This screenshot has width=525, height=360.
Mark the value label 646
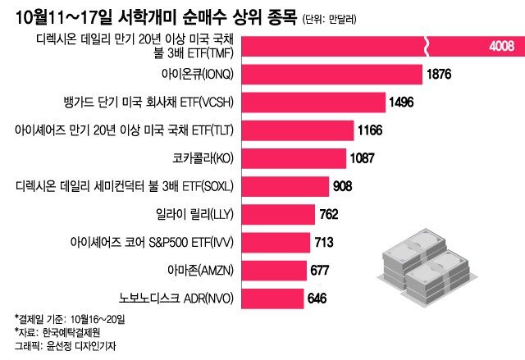[317, 297]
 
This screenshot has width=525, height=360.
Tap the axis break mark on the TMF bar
[427, 46]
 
